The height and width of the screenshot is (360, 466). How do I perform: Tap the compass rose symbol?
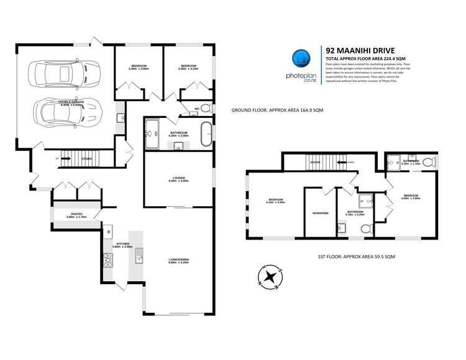(270, 277)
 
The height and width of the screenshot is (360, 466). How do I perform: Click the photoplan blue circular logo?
(301, 58)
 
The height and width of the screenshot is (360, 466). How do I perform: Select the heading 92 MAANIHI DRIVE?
(360, 50)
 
